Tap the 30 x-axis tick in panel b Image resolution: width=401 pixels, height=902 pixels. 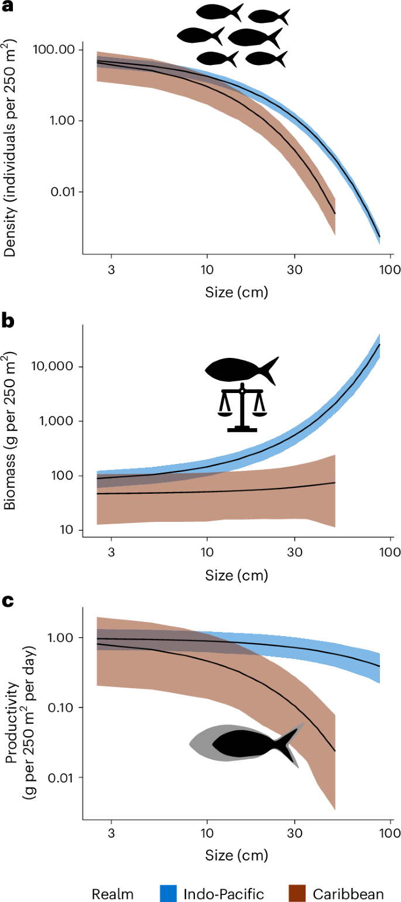[x=294, y=551]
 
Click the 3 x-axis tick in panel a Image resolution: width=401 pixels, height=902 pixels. [x=111, y=272]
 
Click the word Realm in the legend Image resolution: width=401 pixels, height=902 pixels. [x=112, y=893]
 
